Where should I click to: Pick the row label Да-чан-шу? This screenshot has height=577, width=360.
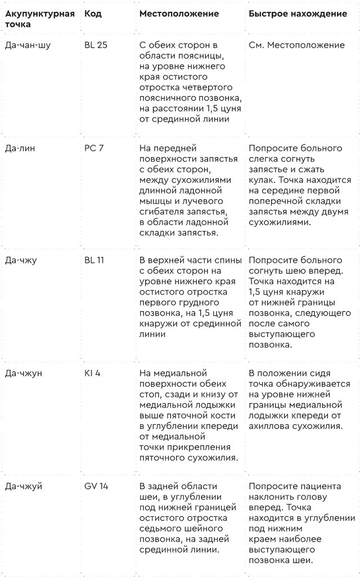28,45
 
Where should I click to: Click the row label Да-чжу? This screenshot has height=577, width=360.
20,260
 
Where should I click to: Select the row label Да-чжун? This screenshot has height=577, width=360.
23,373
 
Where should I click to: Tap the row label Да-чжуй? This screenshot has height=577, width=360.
23,486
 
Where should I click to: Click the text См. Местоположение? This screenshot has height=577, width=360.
296,45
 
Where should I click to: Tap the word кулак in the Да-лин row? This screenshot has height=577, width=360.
262,180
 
